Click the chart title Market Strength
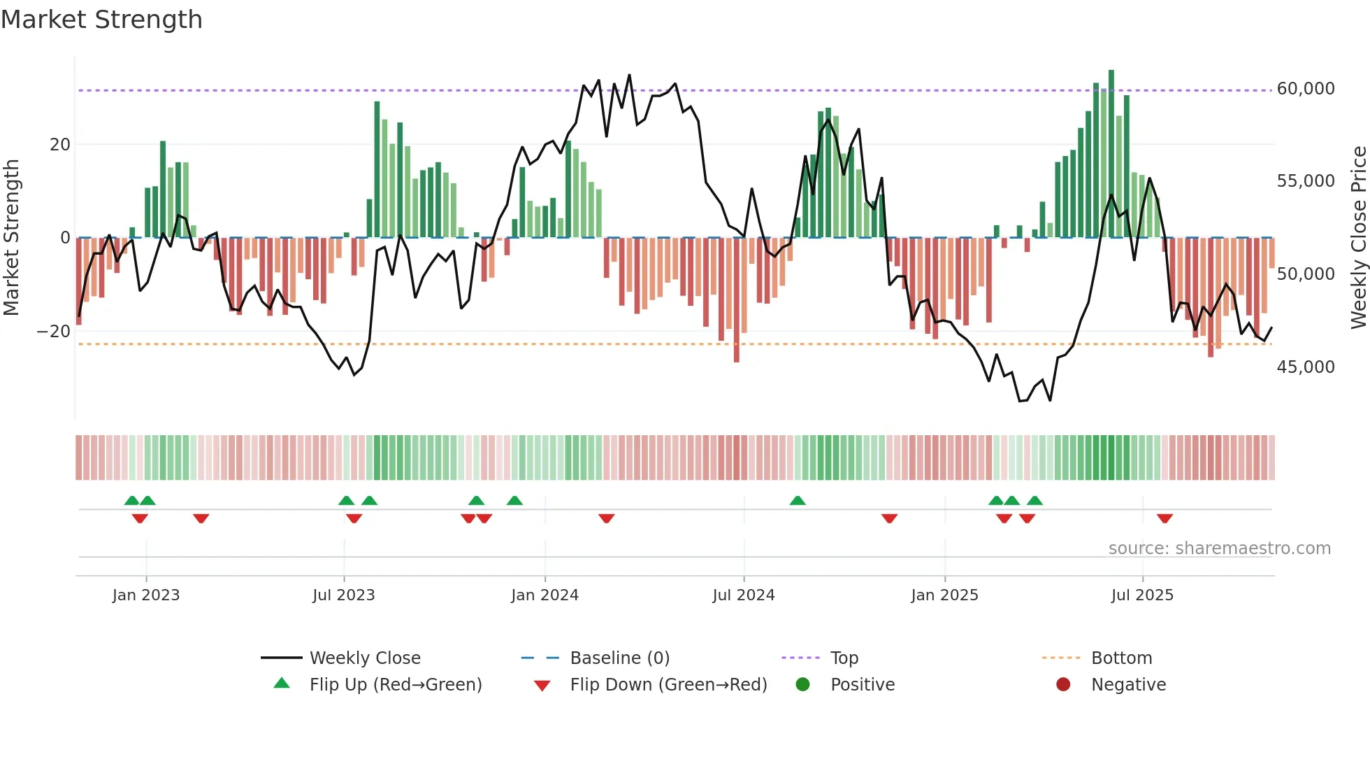[x=101, y=20]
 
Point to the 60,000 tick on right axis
[x=1305, y=89]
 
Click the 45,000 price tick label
[x=1305, y=367]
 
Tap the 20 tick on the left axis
[x=60, y=145]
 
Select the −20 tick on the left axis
[x=55, y=332]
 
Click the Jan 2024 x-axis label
[x=545, y=595]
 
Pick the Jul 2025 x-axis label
[x=1142, y=595]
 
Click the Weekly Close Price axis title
[x=1358, y=238]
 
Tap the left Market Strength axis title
[x=12, y=238]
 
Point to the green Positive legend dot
[x=802, y=685]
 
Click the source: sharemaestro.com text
[x=1219, y=549]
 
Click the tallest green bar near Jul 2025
[x=1111, y=154]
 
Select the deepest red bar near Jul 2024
[x=737, y=301]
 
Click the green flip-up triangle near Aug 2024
[x=798, y=500]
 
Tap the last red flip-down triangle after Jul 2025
[x=1164, y=518]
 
